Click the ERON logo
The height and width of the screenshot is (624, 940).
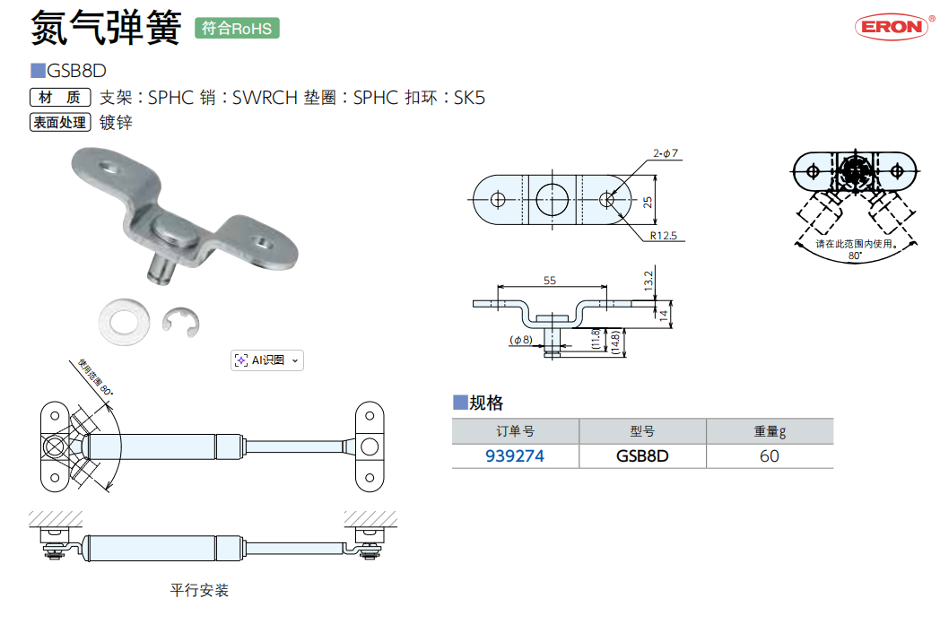(891, 26)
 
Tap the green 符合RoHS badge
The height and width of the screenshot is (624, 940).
(237, 28)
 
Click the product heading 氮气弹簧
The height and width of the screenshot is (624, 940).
(106, 28)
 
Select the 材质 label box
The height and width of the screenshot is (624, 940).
(60, 98)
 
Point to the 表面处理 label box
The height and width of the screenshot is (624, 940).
(60, 123)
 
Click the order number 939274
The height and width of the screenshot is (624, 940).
(514, 455)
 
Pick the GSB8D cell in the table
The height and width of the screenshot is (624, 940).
(642, 455)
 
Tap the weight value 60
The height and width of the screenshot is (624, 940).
(769, 455)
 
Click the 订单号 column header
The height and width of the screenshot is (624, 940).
(514, 431)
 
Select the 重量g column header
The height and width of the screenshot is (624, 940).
(769, 431)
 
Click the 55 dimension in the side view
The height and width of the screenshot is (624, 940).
(549, 281)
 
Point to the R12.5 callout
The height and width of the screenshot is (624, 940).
(664, 235)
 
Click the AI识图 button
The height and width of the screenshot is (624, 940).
(267, 360)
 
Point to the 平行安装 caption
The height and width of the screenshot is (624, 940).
(199, 590)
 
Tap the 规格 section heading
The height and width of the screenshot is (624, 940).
(485, 403)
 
